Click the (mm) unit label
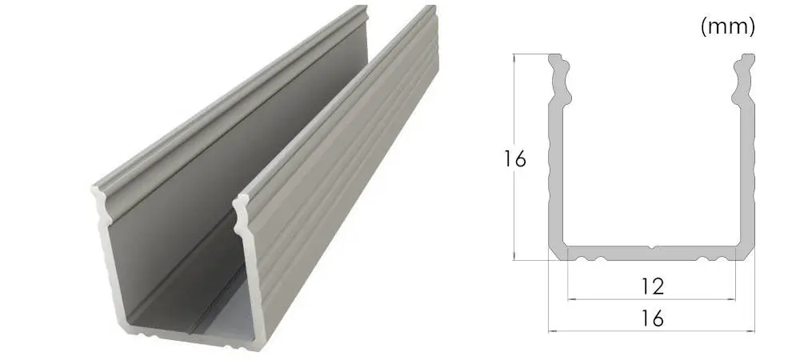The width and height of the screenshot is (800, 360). coord(727,27)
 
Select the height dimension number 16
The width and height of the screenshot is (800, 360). coord(514,160)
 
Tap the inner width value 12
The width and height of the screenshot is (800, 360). coord(652,286)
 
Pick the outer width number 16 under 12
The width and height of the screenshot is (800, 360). coord(652,318)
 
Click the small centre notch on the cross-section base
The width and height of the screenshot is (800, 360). coord(651,248)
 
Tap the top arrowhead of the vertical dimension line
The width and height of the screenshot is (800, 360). coord(514,57)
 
